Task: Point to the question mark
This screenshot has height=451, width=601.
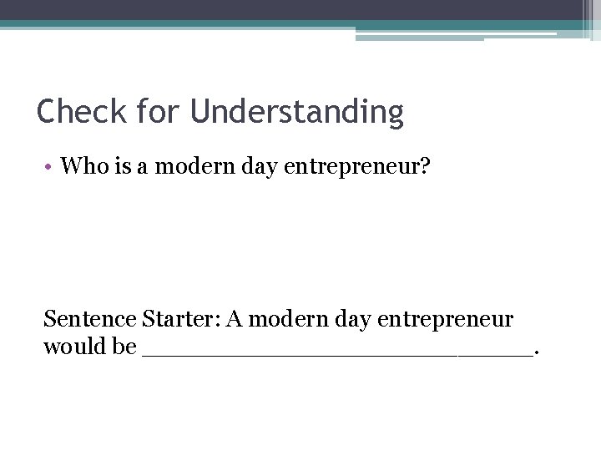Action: [x=425, y=166]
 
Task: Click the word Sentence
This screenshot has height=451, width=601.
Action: [x=90, y=319]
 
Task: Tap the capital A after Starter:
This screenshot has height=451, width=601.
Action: [x=235, y=319]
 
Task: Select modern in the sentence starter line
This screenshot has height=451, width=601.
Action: [x=285, y=319]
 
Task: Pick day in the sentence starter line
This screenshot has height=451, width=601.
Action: [x=351, y=320]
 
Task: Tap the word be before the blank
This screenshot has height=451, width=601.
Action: [x=124, y=346]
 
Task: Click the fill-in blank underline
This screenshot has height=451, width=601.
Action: [x=337, y=354]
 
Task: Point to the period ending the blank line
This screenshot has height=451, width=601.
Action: [x=536, y=352]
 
